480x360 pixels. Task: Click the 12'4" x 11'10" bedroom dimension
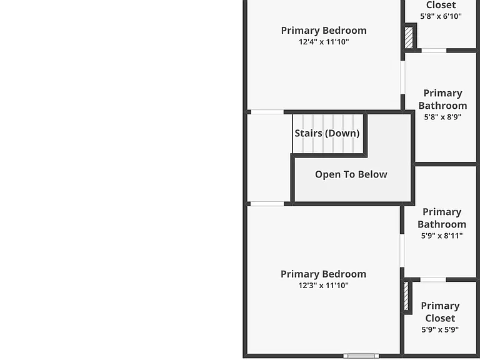coord(324,42)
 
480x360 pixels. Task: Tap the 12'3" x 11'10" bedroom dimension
coord(324,285)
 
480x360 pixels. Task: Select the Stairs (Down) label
coord(327,133)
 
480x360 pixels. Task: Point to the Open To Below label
coord(351,174)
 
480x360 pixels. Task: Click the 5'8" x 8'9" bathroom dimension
coord(442,117)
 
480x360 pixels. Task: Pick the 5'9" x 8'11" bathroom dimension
coord(442,236)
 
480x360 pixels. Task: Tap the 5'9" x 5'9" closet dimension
coord(440,330)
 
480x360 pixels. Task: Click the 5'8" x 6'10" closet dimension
coord(441,16)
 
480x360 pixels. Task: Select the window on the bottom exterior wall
coord(361,356)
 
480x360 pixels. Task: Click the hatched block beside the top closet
coord(409,37)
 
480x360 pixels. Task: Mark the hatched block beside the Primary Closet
coord(406,296)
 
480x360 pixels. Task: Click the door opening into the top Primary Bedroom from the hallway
coord(267,112)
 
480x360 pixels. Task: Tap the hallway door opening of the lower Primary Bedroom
coord(267,204)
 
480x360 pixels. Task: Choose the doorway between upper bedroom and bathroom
coord(402,77)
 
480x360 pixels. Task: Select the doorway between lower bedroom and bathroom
coord(402,251)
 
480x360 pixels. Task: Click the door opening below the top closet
coord(434,51)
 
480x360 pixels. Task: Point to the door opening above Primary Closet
coord(433,280)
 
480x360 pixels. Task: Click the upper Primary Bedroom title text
coord(324,31)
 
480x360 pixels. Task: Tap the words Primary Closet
coord(440,312)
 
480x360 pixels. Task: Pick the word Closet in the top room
coord(441,5)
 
